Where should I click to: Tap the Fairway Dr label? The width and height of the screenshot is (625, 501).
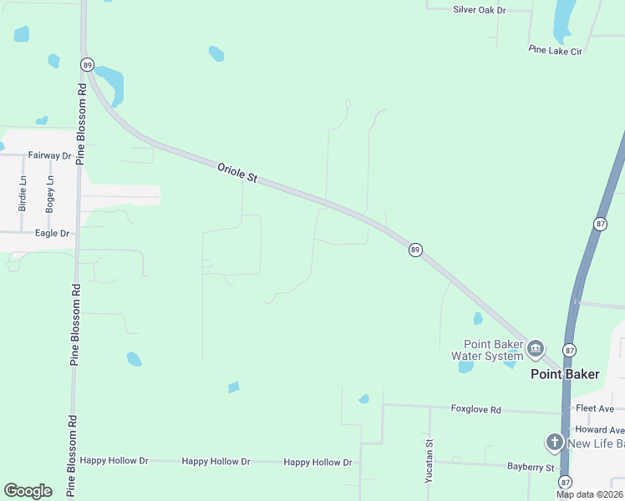point(49,155)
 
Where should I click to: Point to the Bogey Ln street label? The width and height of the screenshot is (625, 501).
point(50,192)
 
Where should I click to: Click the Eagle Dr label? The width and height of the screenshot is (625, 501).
point(53,233)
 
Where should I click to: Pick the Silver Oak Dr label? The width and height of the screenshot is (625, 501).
point(480,10)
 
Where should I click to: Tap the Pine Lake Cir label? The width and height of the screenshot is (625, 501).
point(555,50)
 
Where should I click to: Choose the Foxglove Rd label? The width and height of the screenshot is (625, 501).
point(475,410)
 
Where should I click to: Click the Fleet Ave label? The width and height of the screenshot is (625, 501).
point(595,408)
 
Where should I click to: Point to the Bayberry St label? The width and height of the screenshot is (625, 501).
point(531,467)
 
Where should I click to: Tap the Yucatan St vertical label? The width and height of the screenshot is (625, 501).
point(429,461)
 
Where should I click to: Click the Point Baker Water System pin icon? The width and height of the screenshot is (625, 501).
point(535,347)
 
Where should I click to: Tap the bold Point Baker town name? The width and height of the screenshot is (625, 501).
point(565,374)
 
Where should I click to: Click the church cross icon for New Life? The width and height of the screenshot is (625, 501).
point(554,443)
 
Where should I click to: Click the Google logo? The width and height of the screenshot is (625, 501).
point(28,490)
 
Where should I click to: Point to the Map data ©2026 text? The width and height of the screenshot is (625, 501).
point(590,494)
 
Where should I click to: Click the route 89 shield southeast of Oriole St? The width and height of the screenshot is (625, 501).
point(415,250)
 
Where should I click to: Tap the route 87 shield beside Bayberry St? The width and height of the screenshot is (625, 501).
point(566,482)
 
